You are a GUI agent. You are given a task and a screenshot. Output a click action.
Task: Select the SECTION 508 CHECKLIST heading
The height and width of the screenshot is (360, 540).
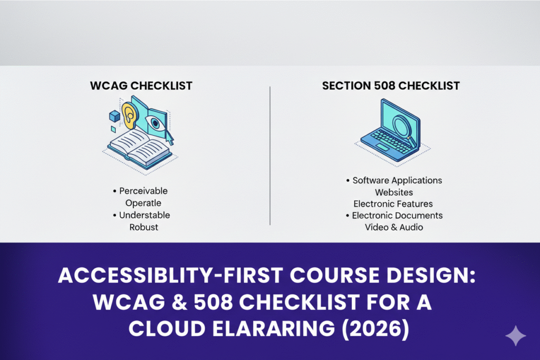pyautogui.click(x=391, y=85)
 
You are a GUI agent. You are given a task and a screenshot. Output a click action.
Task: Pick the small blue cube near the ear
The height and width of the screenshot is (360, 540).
pyautogui.click(x=114, y=116)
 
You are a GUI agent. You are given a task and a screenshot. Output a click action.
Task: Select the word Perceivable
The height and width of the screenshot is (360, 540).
pyautogui.click(x=143, y=191)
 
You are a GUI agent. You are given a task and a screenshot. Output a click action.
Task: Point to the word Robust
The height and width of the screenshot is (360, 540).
pyautogui.click(x=144, y=227)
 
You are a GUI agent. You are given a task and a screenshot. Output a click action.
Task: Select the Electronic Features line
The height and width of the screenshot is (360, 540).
pyautogui.click(x=393, y=203)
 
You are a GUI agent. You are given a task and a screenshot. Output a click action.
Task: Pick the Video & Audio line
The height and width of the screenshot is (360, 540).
pyautogui.click(x=393, y=227)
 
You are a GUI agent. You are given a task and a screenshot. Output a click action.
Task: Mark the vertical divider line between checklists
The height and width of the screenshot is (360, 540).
pyautogui.click(x=270, y=155)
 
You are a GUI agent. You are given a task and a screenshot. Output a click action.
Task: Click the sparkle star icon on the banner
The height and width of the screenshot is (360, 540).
pyautogui.click(x=515, y=336)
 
